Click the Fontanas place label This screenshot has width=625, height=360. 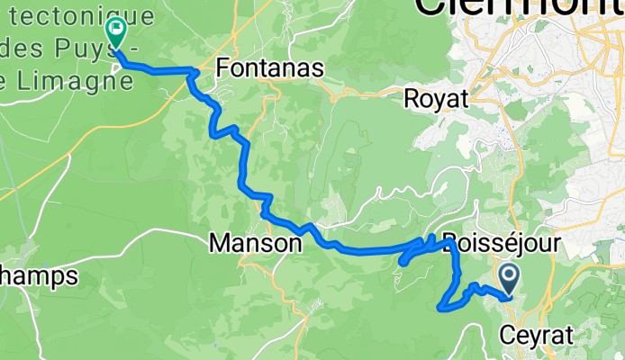pos(272,68)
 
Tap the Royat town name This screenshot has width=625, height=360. pos(437,98)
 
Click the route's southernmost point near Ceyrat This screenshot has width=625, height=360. pos(440,309)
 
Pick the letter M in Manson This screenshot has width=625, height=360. pos(218,243)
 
